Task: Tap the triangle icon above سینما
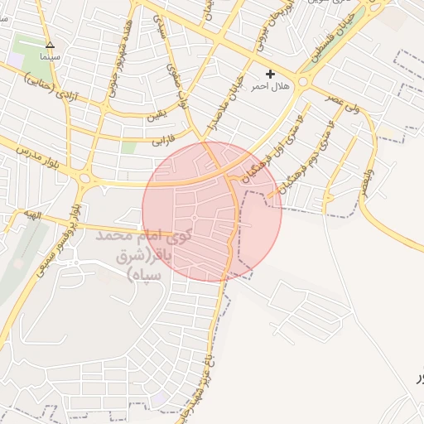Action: point(50,45)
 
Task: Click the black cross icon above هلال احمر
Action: point(270,75)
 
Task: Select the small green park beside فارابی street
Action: point(128,147)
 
